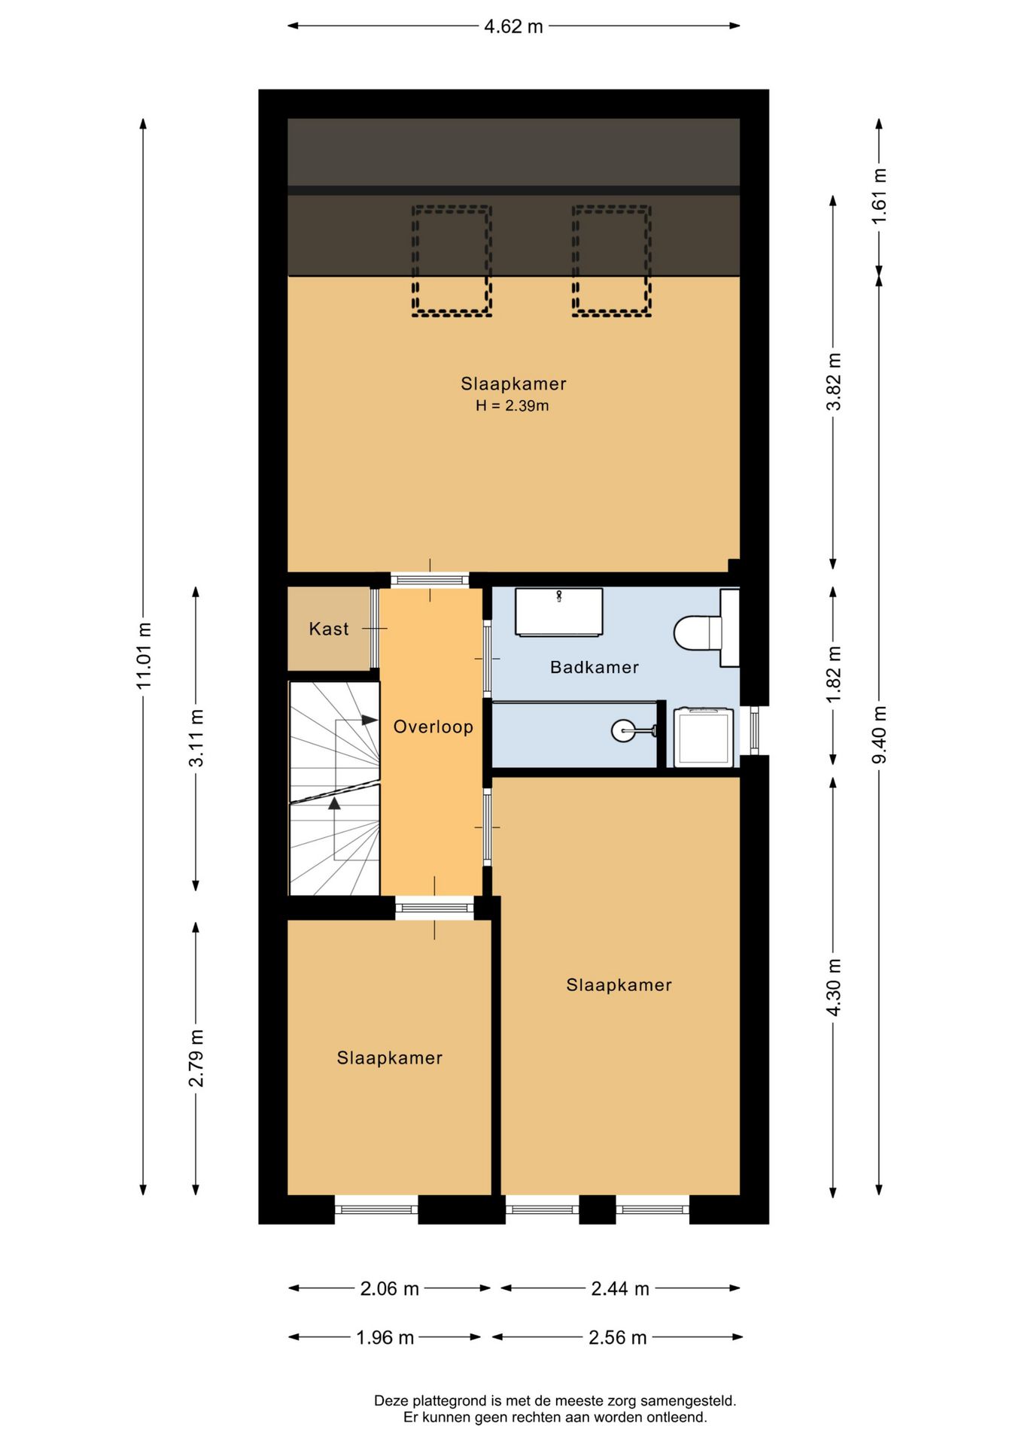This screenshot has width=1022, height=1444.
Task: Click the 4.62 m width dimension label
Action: point(513,26)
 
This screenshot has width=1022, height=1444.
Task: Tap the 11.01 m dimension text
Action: point(144,655)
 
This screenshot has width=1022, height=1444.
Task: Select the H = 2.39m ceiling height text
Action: point(512,406)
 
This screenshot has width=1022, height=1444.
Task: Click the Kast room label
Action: point(329,629)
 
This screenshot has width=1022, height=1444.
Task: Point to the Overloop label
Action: point(433,727)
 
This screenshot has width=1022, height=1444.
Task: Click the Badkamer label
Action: point(594,667)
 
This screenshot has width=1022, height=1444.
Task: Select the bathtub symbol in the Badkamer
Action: point(558,612)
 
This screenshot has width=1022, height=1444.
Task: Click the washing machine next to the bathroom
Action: point(703,737)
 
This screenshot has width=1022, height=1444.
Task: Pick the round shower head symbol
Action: point(623,730)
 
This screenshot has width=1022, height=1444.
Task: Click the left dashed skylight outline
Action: point(452,260)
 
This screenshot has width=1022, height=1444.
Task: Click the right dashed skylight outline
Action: point(611,260)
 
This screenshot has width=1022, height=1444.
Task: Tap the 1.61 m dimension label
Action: point(879,196)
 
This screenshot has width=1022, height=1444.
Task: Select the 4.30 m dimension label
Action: point(833,987)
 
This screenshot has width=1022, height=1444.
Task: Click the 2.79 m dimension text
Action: point(196,1058)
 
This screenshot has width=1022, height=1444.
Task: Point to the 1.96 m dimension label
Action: point(385,1337)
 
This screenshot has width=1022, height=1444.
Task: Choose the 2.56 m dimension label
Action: point(617,1337)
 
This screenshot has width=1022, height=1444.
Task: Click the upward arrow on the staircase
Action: point(334,803)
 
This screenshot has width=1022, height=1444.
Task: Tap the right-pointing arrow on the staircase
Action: point(369,720)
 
